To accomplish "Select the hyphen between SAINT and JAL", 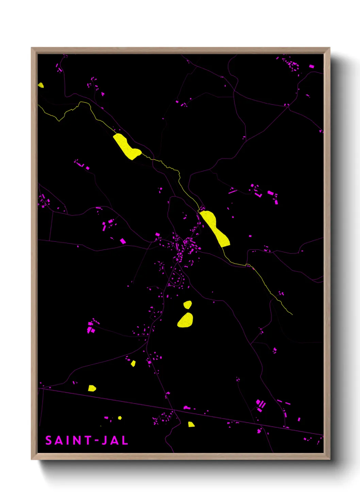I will click(x=96, y=440).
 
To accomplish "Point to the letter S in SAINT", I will click(x=49, y=440).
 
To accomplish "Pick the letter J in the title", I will click(x=105, y=440).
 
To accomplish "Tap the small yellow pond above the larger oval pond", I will click(x=187, y=304).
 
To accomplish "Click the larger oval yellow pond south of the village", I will click(x=185, y=320).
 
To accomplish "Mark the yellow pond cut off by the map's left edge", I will click(x=40, y=85).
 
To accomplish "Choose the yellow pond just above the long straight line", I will click(x=92, y=388).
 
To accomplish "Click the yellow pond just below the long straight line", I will click(x=191, y=424).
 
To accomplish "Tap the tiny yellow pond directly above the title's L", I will click(x=120, y=418).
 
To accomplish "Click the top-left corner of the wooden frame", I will click(x=32, y=48).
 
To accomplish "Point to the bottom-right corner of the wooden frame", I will click(x=329, y=459).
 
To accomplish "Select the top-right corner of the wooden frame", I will click(x=329, y=48).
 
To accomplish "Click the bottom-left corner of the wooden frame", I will click(x=32, y=459).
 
